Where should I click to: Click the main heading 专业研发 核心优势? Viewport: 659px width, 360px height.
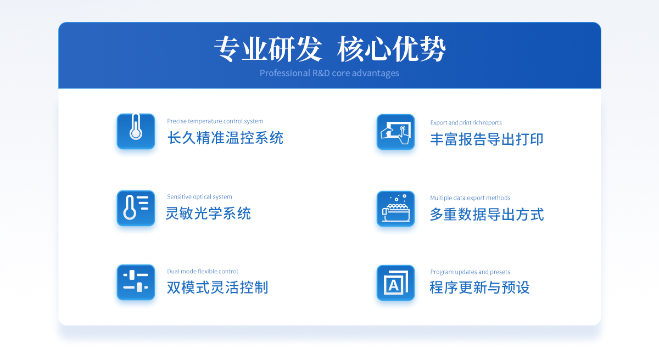(330, 49)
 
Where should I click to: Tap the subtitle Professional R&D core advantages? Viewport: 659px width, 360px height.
(329, 73)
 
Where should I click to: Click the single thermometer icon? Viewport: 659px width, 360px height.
(136, 131)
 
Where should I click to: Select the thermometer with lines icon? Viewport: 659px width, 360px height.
(136, 208)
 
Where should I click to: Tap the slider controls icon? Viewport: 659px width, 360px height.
(136, 282)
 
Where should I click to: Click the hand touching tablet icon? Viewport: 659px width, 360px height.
(395, 132)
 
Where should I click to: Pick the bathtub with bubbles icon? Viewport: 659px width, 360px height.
(395, 209)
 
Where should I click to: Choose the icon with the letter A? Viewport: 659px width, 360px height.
(395, 283)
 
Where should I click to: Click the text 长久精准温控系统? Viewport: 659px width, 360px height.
(225, 138)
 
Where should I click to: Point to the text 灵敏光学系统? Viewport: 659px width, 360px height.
(208, 213)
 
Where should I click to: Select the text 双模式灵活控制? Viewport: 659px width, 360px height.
(217, 288)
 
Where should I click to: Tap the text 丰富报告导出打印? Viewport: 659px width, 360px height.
(487, 139)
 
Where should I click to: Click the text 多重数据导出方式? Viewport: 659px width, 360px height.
(487, 215)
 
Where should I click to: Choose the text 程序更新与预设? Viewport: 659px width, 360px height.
(479, 288)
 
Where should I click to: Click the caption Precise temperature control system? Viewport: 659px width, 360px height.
(215, 121)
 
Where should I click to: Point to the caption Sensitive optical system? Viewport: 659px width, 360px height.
(199, 196)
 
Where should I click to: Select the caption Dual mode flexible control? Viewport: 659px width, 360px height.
(203, 271)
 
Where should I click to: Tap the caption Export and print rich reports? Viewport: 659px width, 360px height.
(466, 122)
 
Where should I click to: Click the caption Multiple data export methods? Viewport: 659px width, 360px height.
(470, 198)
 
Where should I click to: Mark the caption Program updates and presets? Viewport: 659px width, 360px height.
(470, 272)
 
